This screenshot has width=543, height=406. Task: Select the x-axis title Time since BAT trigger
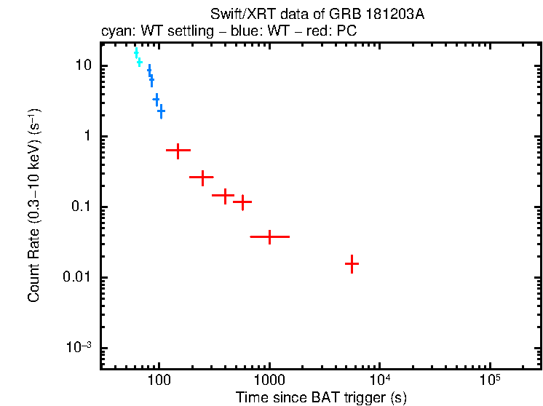tap(321, 397)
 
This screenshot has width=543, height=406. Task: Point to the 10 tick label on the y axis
tap(84, 66)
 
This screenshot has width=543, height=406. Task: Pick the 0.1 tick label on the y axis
tap(82, 207)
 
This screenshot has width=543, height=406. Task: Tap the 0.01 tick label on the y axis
tap(79, 278)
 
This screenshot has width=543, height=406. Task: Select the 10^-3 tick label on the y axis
tap(79, 348)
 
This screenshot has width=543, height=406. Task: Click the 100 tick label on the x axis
tap(159, 380)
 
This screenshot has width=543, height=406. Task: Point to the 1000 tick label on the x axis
tap(269, 380)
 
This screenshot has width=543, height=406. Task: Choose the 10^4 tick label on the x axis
tap(379, 378)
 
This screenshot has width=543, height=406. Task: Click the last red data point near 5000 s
tap(352, 263)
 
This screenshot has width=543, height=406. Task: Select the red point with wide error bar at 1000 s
tap(270, 236)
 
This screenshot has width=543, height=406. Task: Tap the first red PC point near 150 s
tap(178, 150)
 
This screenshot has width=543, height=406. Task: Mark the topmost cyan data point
tap(136, 53)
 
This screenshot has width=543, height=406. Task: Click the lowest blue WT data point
tap(161, 111)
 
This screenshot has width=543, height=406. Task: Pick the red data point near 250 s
tap(202, 176)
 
